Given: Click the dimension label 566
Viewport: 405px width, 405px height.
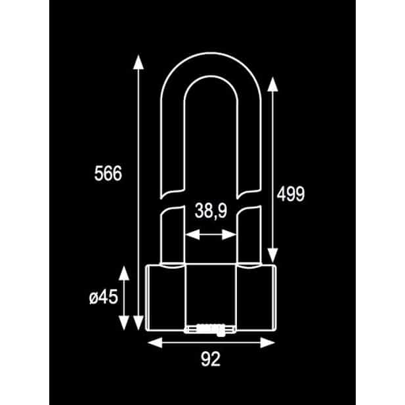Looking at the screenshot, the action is (x=108, y=173).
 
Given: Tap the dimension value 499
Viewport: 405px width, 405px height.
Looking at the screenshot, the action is (x=291, y=194).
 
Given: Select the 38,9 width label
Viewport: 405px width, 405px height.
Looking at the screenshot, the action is (x=211, y=211).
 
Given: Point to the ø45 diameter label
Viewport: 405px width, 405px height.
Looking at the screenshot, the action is (x=103, y=297).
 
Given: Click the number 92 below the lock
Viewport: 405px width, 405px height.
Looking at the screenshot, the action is (x=211, y=359).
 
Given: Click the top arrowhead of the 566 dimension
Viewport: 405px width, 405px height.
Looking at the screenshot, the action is (x=139, y=62).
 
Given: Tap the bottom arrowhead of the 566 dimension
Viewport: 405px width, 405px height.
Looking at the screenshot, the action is (x=139, y=323).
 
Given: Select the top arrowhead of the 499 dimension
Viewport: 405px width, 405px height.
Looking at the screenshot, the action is (x=272, y=84).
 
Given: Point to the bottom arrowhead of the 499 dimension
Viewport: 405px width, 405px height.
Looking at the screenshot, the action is (x=272, y=255).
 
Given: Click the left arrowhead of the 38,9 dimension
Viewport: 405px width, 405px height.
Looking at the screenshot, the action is (x=193, y=234).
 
